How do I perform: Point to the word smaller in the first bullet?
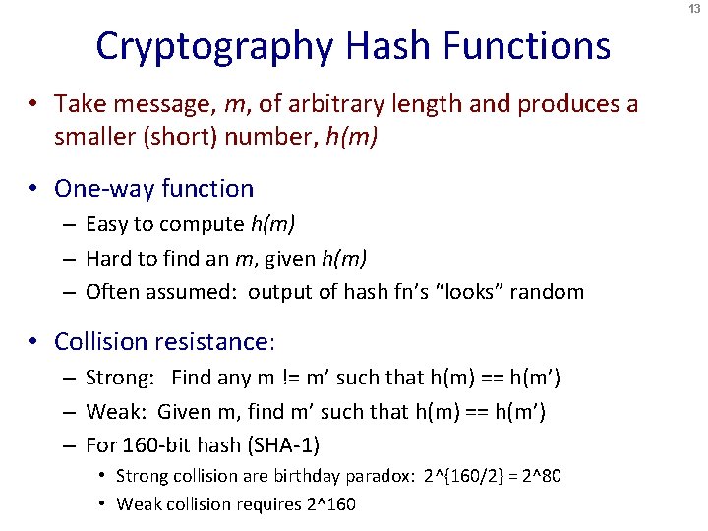[x=96, y=137]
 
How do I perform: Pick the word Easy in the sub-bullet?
[x=106, y=224]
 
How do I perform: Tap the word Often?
[x=110, y=292]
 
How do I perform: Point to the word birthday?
[x=308, y=476]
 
